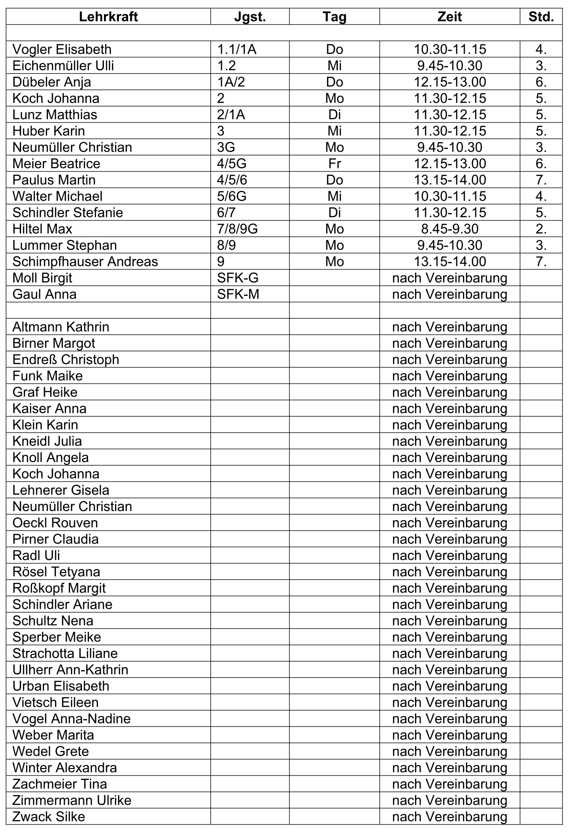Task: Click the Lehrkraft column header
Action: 108,17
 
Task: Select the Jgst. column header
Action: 250,17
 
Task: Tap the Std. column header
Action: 541,17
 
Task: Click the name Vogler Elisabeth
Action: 62,49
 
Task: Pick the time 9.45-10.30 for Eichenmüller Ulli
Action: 449,66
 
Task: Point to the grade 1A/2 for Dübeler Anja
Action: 231,82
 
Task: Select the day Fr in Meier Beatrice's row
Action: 334,164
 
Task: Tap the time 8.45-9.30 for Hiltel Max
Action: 449,229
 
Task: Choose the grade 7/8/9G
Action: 237,229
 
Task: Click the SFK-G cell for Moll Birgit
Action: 238,278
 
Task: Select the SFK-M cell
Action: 238,294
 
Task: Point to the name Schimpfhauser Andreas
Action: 85,261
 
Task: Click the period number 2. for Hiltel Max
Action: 541,229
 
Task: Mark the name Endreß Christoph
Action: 66,359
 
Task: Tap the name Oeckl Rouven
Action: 55,522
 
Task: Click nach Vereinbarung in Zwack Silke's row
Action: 449,817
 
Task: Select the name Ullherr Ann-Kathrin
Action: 70,670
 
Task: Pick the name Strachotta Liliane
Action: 65,653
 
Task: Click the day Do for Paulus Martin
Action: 334,180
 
